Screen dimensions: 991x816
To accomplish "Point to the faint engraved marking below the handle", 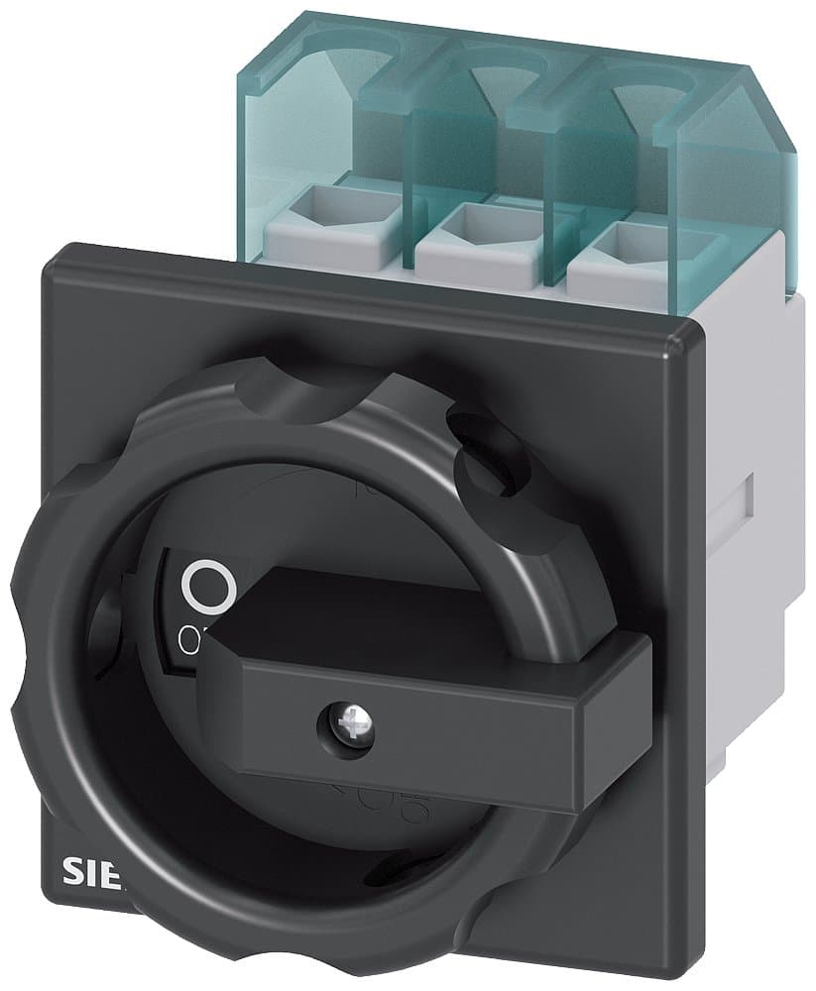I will pos(357,793).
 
